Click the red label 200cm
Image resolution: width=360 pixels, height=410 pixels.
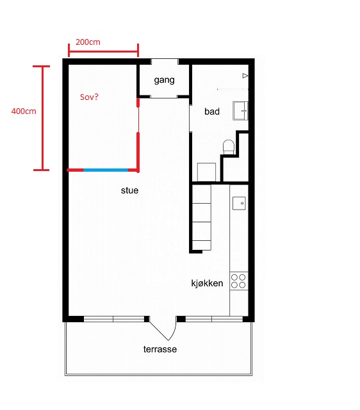tap(88, 42)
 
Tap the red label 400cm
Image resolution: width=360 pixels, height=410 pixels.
tap(24, 111)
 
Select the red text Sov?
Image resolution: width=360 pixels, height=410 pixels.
tap(89, 97)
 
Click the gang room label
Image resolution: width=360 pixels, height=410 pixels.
tap(164, 80)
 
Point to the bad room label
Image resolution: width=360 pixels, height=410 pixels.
tap(212, 111)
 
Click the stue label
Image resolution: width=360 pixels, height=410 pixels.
tap(129, 190)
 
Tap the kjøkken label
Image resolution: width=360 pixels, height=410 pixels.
tap(207, 283)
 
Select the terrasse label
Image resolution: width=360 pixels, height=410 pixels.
tap(160, 349)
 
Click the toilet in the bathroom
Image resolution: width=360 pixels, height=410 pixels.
tap(229, 147)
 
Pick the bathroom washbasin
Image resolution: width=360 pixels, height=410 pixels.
tap(240, 111)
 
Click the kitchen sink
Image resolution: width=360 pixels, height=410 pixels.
tap(239, 203)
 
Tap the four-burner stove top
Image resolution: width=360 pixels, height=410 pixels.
tap(238, 281)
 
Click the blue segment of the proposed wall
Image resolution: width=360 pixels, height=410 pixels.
tap(106, 170)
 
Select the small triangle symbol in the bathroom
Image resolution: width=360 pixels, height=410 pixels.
tap(245, 76)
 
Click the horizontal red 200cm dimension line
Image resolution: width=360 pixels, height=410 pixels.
tap(104, 51)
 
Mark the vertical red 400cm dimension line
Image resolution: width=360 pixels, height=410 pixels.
tap(42, 118)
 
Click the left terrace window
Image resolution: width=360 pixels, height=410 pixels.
tap(114, 319)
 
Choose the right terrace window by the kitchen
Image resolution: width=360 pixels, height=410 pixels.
tap(214, 319)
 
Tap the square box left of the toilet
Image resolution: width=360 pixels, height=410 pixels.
tap(206, 172)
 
